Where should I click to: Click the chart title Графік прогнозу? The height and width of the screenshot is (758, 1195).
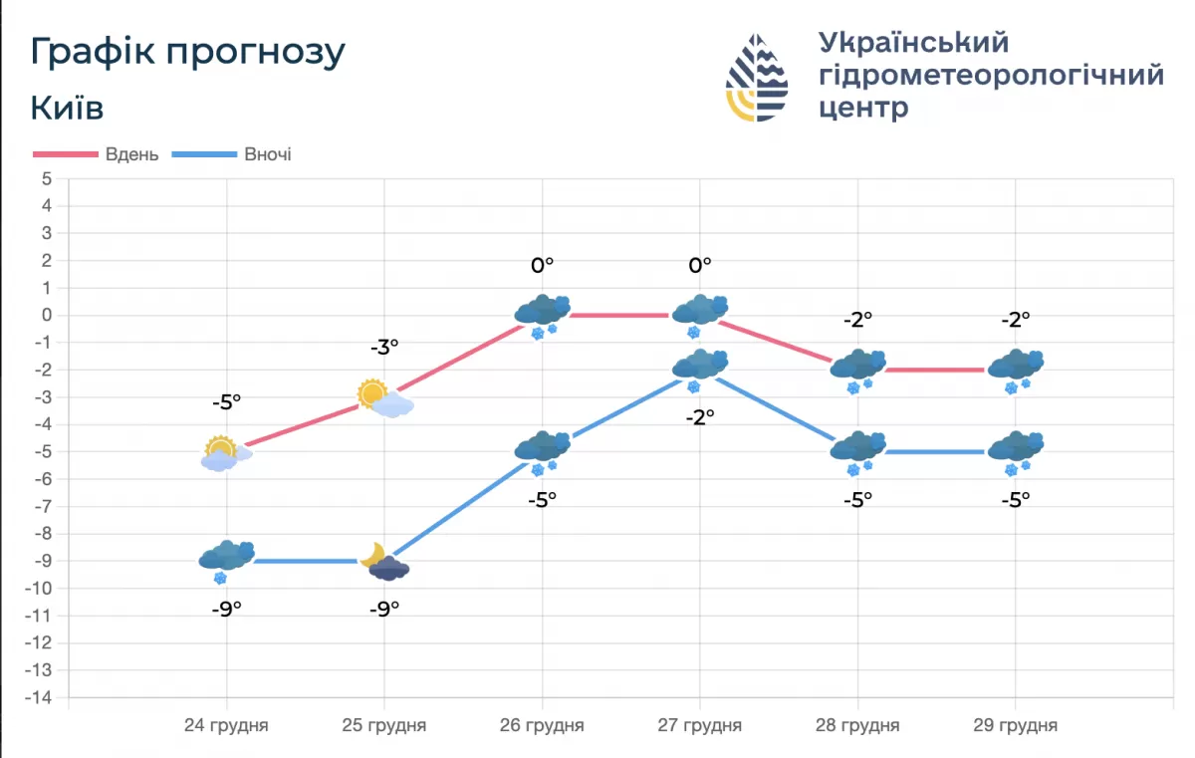(x=187, y=53)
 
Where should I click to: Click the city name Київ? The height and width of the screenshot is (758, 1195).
(x=67, y=108)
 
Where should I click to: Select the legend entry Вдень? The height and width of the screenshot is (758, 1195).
(x=132, y=154)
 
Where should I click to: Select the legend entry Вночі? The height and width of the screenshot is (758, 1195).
(x=267, y=154)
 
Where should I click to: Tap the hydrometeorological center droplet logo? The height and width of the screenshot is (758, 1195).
(x=757, y=78)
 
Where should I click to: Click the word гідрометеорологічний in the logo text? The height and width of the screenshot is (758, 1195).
(x=990, y=76)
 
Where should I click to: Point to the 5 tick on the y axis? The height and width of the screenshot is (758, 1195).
(x=46, y=179)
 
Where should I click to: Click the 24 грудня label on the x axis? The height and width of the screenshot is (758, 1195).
(x=226, y=725)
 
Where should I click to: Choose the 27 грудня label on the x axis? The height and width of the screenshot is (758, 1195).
(x=699, y=725)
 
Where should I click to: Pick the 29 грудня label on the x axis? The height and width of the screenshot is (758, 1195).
(x=1015, y=725)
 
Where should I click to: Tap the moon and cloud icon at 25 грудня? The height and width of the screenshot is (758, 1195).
(x=384, y=563)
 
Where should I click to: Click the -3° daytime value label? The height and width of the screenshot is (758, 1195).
(x=384, y=347)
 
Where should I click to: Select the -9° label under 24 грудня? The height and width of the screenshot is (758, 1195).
(x=226, y=609)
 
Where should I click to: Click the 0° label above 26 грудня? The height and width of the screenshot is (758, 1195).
(x=542, y=265)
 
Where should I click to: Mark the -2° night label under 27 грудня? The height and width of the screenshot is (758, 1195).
(x=699, y=418)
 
